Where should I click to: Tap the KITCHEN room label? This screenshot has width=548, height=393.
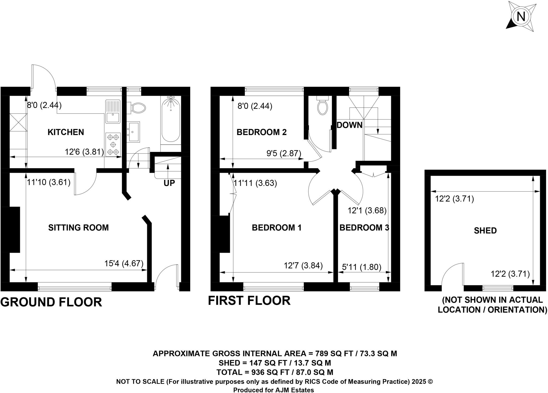[x=66, y=132]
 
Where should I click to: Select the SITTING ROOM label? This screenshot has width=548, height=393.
[x=78, y=227]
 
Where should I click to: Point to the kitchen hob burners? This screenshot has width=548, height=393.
[x=113, y=145]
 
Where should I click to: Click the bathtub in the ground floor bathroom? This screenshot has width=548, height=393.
[x=171, y=120]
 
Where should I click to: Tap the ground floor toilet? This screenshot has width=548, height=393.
[x=138, y=108]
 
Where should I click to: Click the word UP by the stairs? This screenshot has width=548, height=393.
[x=169, y=183]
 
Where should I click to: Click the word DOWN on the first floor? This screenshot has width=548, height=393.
[x=349, y=125]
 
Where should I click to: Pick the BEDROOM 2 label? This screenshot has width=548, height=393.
[x=261, y=132]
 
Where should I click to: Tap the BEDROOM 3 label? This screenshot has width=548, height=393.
[x=364, y=227]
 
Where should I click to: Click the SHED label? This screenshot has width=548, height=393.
[x=485, y=230]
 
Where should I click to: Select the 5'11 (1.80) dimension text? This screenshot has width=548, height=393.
[x=361, y=267]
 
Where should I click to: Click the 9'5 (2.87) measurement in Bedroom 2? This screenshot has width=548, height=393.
[x=284, y=153]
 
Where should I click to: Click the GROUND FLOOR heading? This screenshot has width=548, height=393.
[x=51, y=302]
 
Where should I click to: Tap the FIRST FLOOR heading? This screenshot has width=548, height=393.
[x=249, y=301]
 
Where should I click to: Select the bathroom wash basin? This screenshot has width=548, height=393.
[x=134, y=131]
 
